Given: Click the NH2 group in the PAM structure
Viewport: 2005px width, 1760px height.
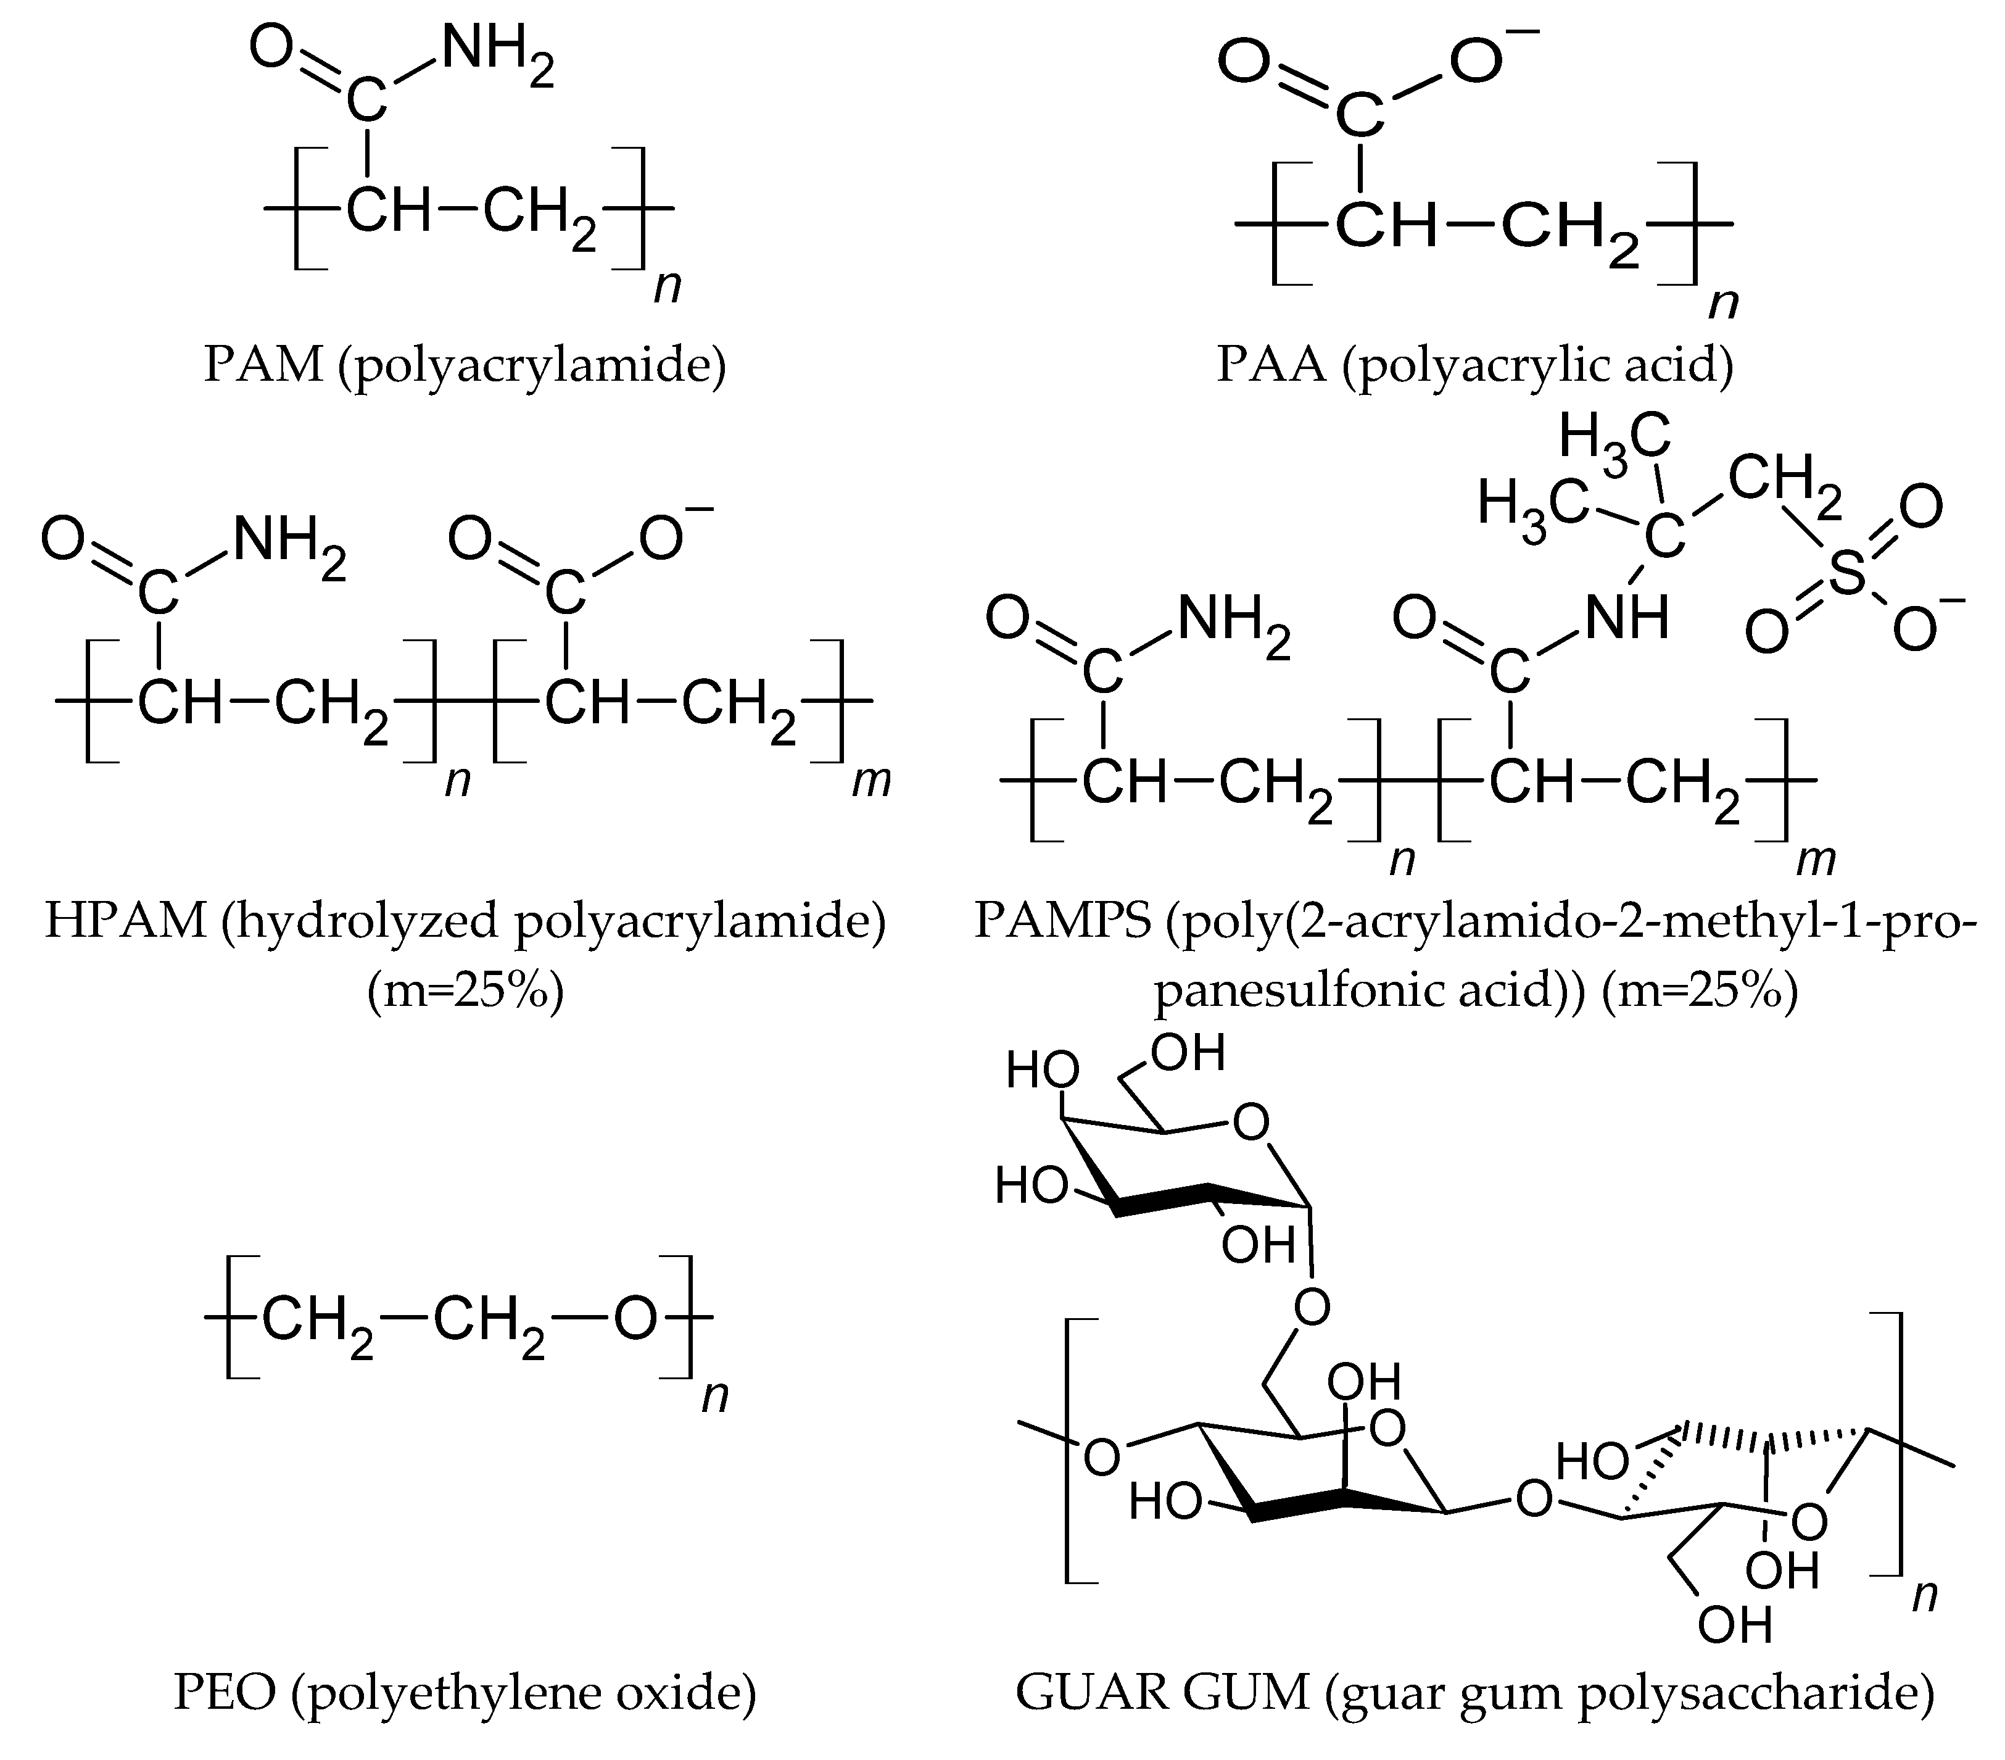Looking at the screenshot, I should click(x=495, y=54).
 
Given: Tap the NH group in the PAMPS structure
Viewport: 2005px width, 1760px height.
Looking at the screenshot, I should click(x=1626, y=618).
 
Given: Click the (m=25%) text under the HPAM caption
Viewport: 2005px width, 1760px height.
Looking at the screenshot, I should click(x=465, y=992).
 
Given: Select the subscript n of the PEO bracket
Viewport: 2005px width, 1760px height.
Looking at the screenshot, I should click(x=715, y=1396).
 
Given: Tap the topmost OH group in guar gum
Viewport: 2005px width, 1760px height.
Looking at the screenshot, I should click(x=1188, y=1053).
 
